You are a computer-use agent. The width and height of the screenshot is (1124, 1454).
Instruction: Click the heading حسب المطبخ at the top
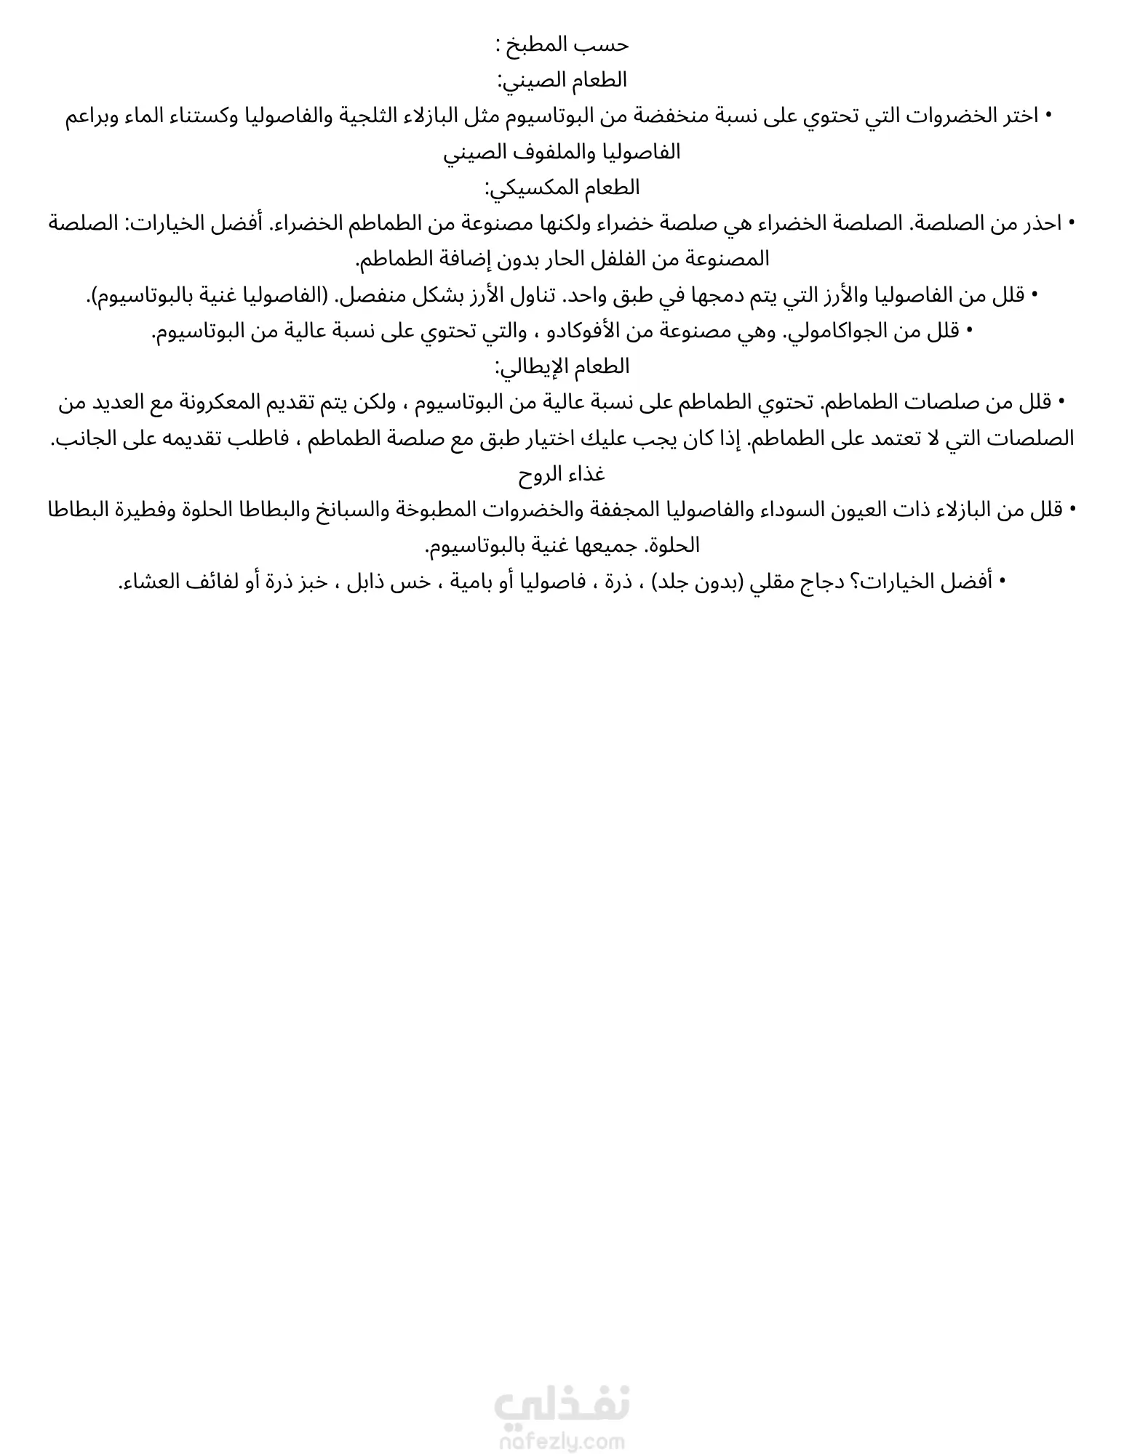[562, 45]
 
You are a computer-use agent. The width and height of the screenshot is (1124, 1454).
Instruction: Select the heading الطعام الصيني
[562, 80]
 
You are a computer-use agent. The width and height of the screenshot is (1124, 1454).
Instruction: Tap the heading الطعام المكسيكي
[562, 188]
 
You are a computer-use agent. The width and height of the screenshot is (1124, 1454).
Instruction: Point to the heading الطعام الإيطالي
[562, 366]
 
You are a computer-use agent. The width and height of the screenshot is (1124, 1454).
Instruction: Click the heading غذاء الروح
[562, 475]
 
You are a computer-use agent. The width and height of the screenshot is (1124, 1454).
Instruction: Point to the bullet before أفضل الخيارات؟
[1003, 582]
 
